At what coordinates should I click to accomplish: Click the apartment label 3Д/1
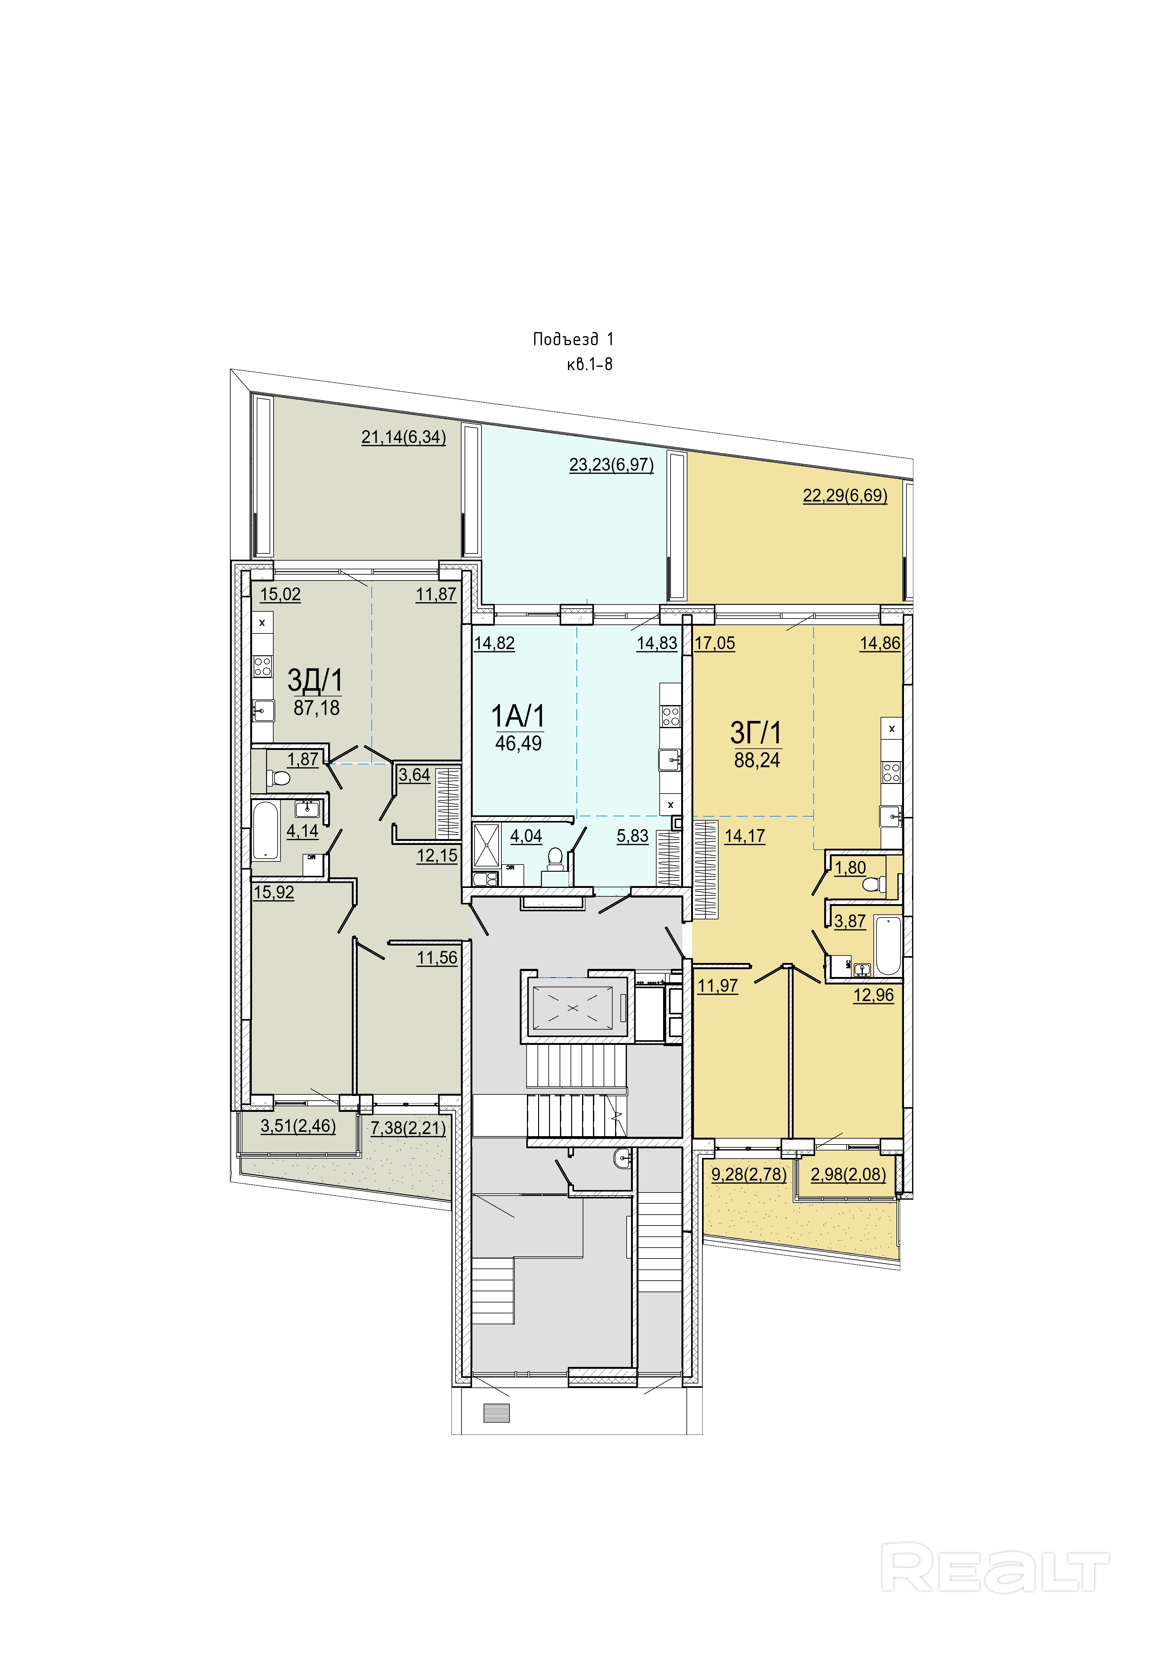pos(315,680)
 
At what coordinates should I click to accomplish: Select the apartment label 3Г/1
pos(756,733)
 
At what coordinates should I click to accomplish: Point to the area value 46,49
pos(519,743)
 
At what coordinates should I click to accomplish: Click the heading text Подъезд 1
pos(573,339)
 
